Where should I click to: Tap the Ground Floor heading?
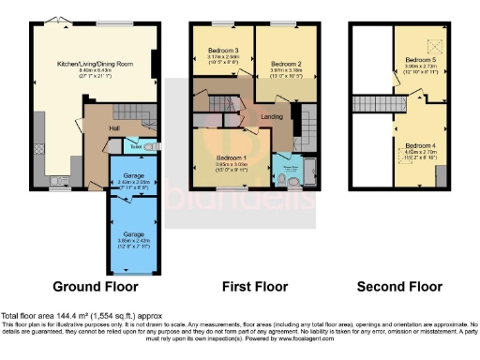(95, 285)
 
